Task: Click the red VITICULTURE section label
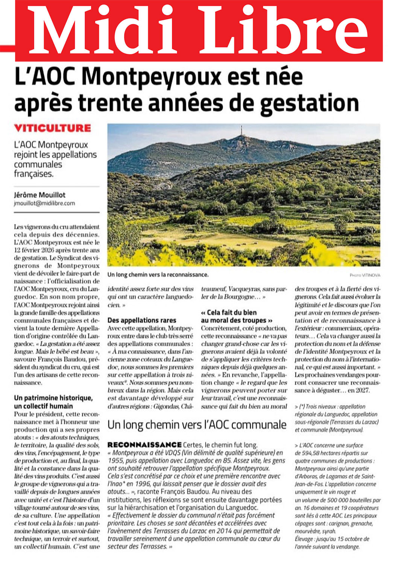[52, 128]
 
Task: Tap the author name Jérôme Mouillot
[39, 195]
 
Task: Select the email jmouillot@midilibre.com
[44, 203]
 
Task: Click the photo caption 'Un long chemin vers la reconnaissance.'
[158, 275]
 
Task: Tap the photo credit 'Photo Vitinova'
[365, 275]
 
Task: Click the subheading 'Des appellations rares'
[141, 320]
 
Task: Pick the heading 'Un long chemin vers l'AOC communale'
[197, 425]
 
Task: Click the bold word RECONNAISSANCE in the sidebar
[144, 445]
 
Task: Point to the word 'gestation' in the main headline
[310, 103]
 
